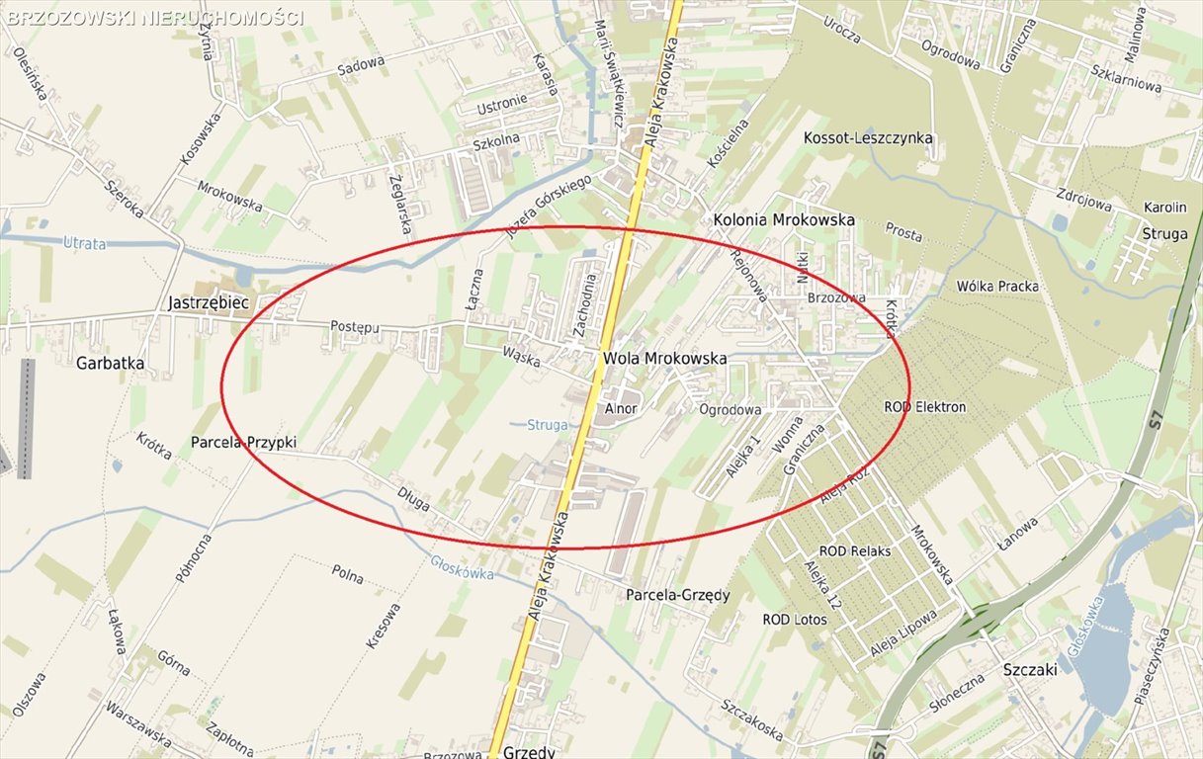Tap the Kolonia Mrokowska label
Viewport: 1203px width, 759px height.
coord(784,219)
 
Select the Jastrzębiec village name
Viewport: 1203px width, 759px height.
coord(208,302)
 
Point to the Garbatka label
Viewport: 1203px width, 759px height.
coord(110,363)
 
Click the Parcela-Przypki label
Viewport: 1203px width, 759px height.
coord(243,443)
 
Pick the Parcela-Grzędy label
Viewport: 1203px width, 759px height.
coord(677,595)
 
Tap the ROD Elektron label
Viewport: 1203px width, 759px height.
coord(925,406)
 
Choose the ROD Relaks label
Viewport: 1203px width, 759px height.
coord(855,550)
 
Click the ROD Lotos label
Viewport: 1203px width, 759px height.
coord(795,620)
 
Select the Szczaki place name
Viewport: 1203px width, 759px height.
coord(1030,669)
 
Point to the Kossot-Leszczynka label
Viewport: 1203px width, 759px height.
coord(868,137)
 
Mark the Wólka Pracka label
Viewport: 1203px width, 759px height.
coord(997,287)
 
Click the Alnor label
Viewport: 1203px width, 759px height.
coord(622,407)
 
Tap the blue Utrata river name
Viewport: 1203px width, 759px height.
coord(84,243)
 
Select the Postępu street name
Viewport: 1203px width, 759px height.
coord(355,326)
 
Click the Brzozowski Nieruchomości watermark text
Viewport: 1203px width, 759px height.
coord(153,18)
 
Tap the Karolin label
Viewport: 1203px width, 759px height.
coord(1164,209)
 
